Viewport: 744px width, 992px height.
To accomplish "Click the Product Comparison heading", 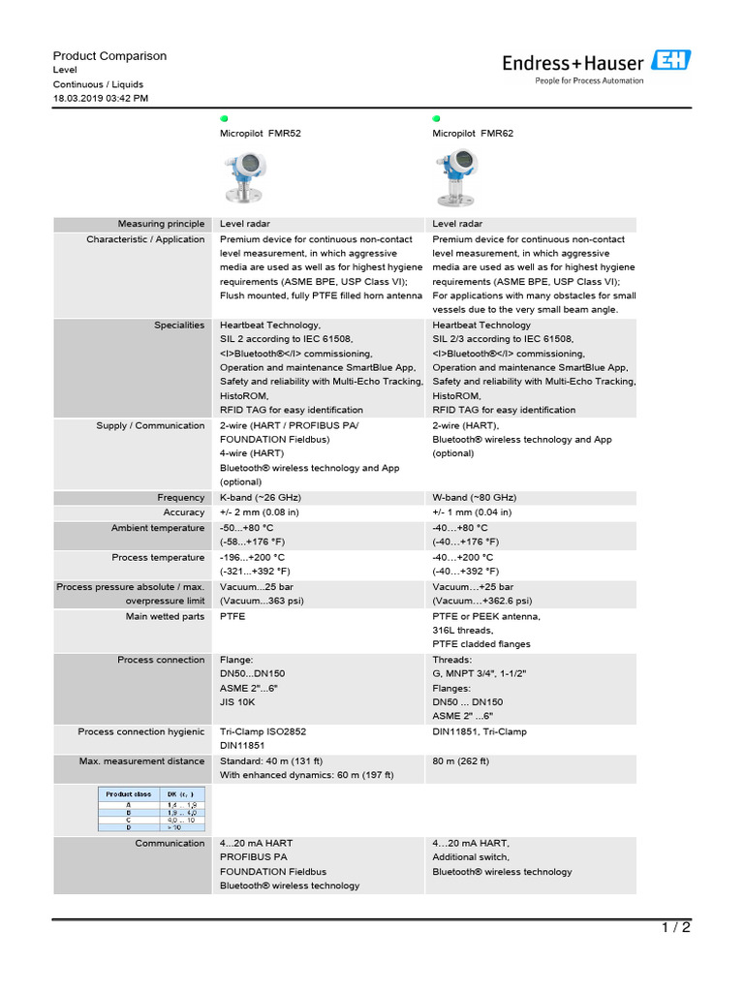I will pyautogui.click(x=109, y=56).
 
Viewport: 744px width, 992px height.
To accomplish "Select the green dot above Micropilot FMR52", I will pyautogui.click(x=224, y=117).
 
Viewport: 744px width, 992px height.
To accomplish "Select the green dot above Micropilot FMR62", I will pyautogui.click(x=436, y=117).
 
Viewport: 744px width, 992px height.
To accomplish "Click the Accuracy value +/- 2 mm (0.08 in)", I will pyautogui.click(x=259, y=512).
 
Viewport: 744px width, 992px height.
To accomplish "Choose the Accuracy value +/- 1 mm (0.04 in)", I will pyautogui.click(x=472, y=512).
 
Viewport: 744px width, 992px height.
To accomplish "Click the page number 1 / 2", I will pyautogui.click(x=676, y=928).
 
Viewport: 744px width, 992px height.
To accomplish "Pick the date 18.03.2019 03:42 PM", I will pyautogui.click(x=101, y=99).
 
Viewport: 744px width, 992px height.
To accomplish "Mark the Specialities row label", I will pyautogui.click(x=179, y=325).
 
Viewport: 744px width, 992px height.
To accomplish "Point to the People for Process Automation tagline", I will pyautogui.click(x=589, y=81).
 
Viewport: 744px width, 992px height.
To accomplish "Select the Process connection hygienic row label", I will pyautogui.click(x=141, y=732).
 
